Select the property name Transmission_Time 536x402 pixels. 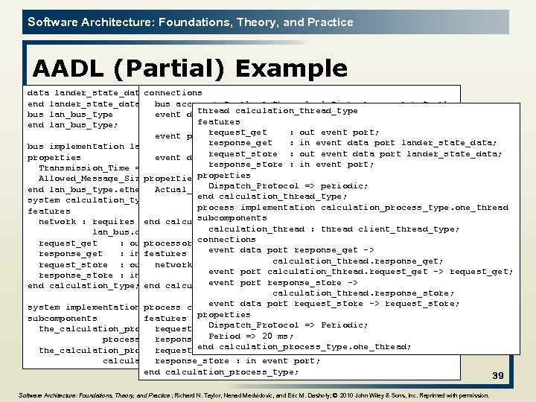click(82, 168)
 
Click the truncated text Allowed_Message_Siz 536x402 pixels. click(89, 179)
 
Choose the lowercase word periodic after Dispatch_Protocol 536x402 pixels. click(344, 185)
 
